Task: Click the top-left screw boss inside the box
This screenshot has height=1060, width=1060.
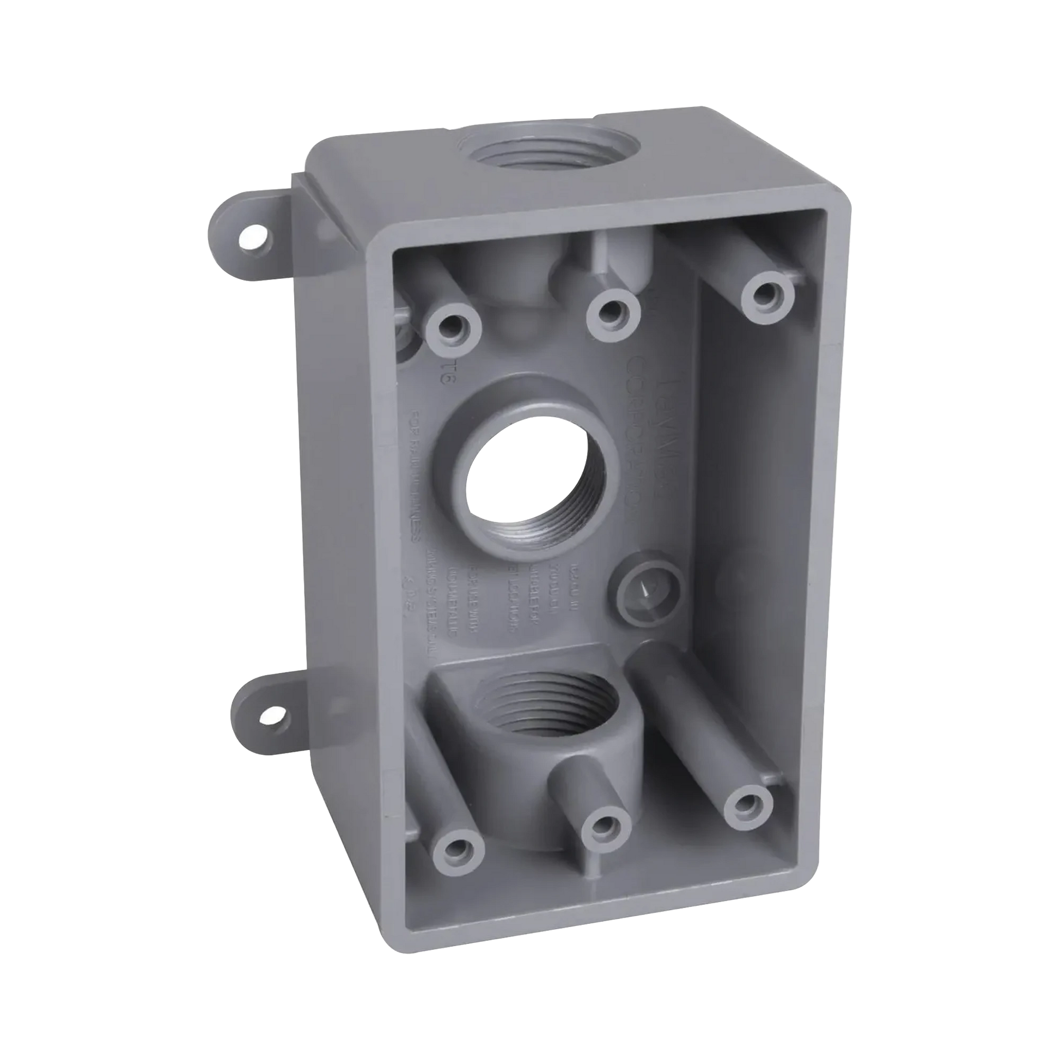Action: click(x=454, y=328)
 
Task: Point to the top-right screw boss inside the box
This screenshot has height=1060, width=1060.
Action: click(x=767, y=296)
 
